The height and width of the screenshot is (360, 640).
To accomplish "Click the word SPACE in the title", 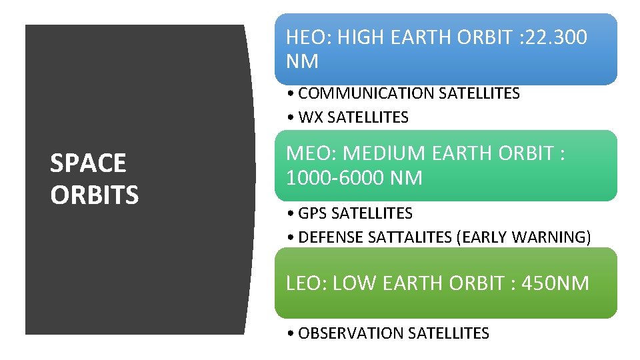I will tap(87, 163).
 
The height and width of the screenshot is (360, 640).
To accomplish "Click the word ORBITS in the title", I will tap(94, 195).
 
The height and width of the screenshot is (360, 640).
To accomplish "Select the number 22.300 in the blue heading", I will tap(556, 37).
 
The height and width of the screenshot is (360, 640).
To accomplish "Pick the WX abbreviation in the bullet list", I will tap(310, 118).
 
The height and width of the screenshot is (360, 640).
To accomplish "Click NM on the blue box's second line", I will tap(301, 62).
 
